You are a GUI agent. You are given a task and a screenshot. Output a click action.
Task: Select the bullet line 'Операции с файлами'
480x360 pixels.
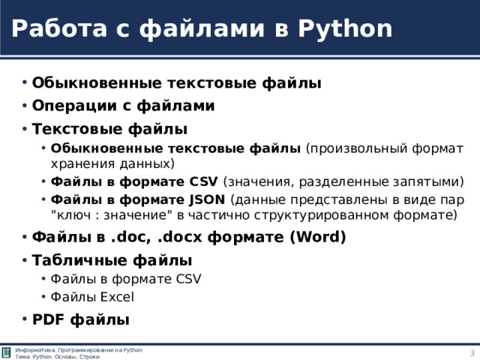coord(124,106)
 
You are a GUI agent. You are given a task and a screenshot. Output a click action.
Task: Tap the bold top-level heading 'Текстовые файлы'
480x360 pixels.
coord(109,128)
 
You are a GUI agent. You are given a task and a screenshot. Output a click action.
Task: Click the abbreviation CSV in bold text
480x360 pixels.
coord(205,181)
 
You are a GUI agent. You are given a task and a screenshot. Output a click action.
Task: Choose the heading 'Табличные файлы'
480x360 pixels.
coord(112,260)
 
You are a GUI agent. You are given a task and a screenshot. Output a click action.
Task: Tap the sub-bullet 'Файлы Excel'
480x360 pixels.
coord(92,296)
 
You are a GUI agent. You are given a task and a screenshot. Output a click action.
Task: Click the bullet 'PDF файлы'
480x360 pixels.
coord(81,319)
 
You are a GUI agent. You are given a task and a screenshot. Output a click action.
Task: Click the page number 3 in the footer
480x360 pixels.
coord(472,353)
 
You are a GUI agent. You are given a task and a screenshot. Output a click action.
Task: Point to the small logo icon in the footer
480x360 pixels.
coord(7,353)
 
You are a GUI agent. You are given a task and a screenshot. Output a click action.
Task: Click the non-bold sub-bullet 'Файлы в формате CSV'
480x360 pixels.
coord(125,279)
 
